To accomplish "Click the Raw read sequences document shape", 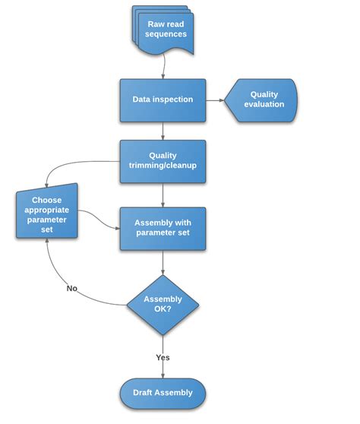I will (166, 30).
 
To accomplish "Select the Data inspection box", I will (163, 100).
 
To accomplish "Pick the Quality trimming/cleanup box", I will (163, 160).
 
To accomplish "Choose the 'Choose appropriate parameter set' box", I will (47, 214).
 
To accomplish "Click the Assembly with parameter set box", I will (163, 228).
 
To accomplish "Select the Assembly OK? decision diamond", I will (163, 305).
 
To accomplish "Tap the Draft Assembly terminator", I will (163, 393).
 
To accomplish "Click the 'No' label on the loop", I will (71, 288).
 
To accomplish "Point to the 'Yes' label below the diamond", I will (163, 357).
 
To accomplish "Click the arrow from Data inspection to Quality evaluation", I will (215, 100).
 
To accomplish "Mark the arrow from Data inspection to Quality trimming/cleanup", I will (163, 130).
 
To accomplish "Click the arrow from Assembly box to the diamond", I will (163, 262).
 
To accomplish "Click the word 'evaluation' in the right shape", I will (264, 105).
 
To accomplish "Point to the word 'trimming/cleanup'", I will (163, 166).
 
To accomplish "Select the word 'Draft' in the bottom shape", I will (146, 393).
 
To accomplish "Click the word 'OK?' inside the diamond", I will (163, 310).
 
